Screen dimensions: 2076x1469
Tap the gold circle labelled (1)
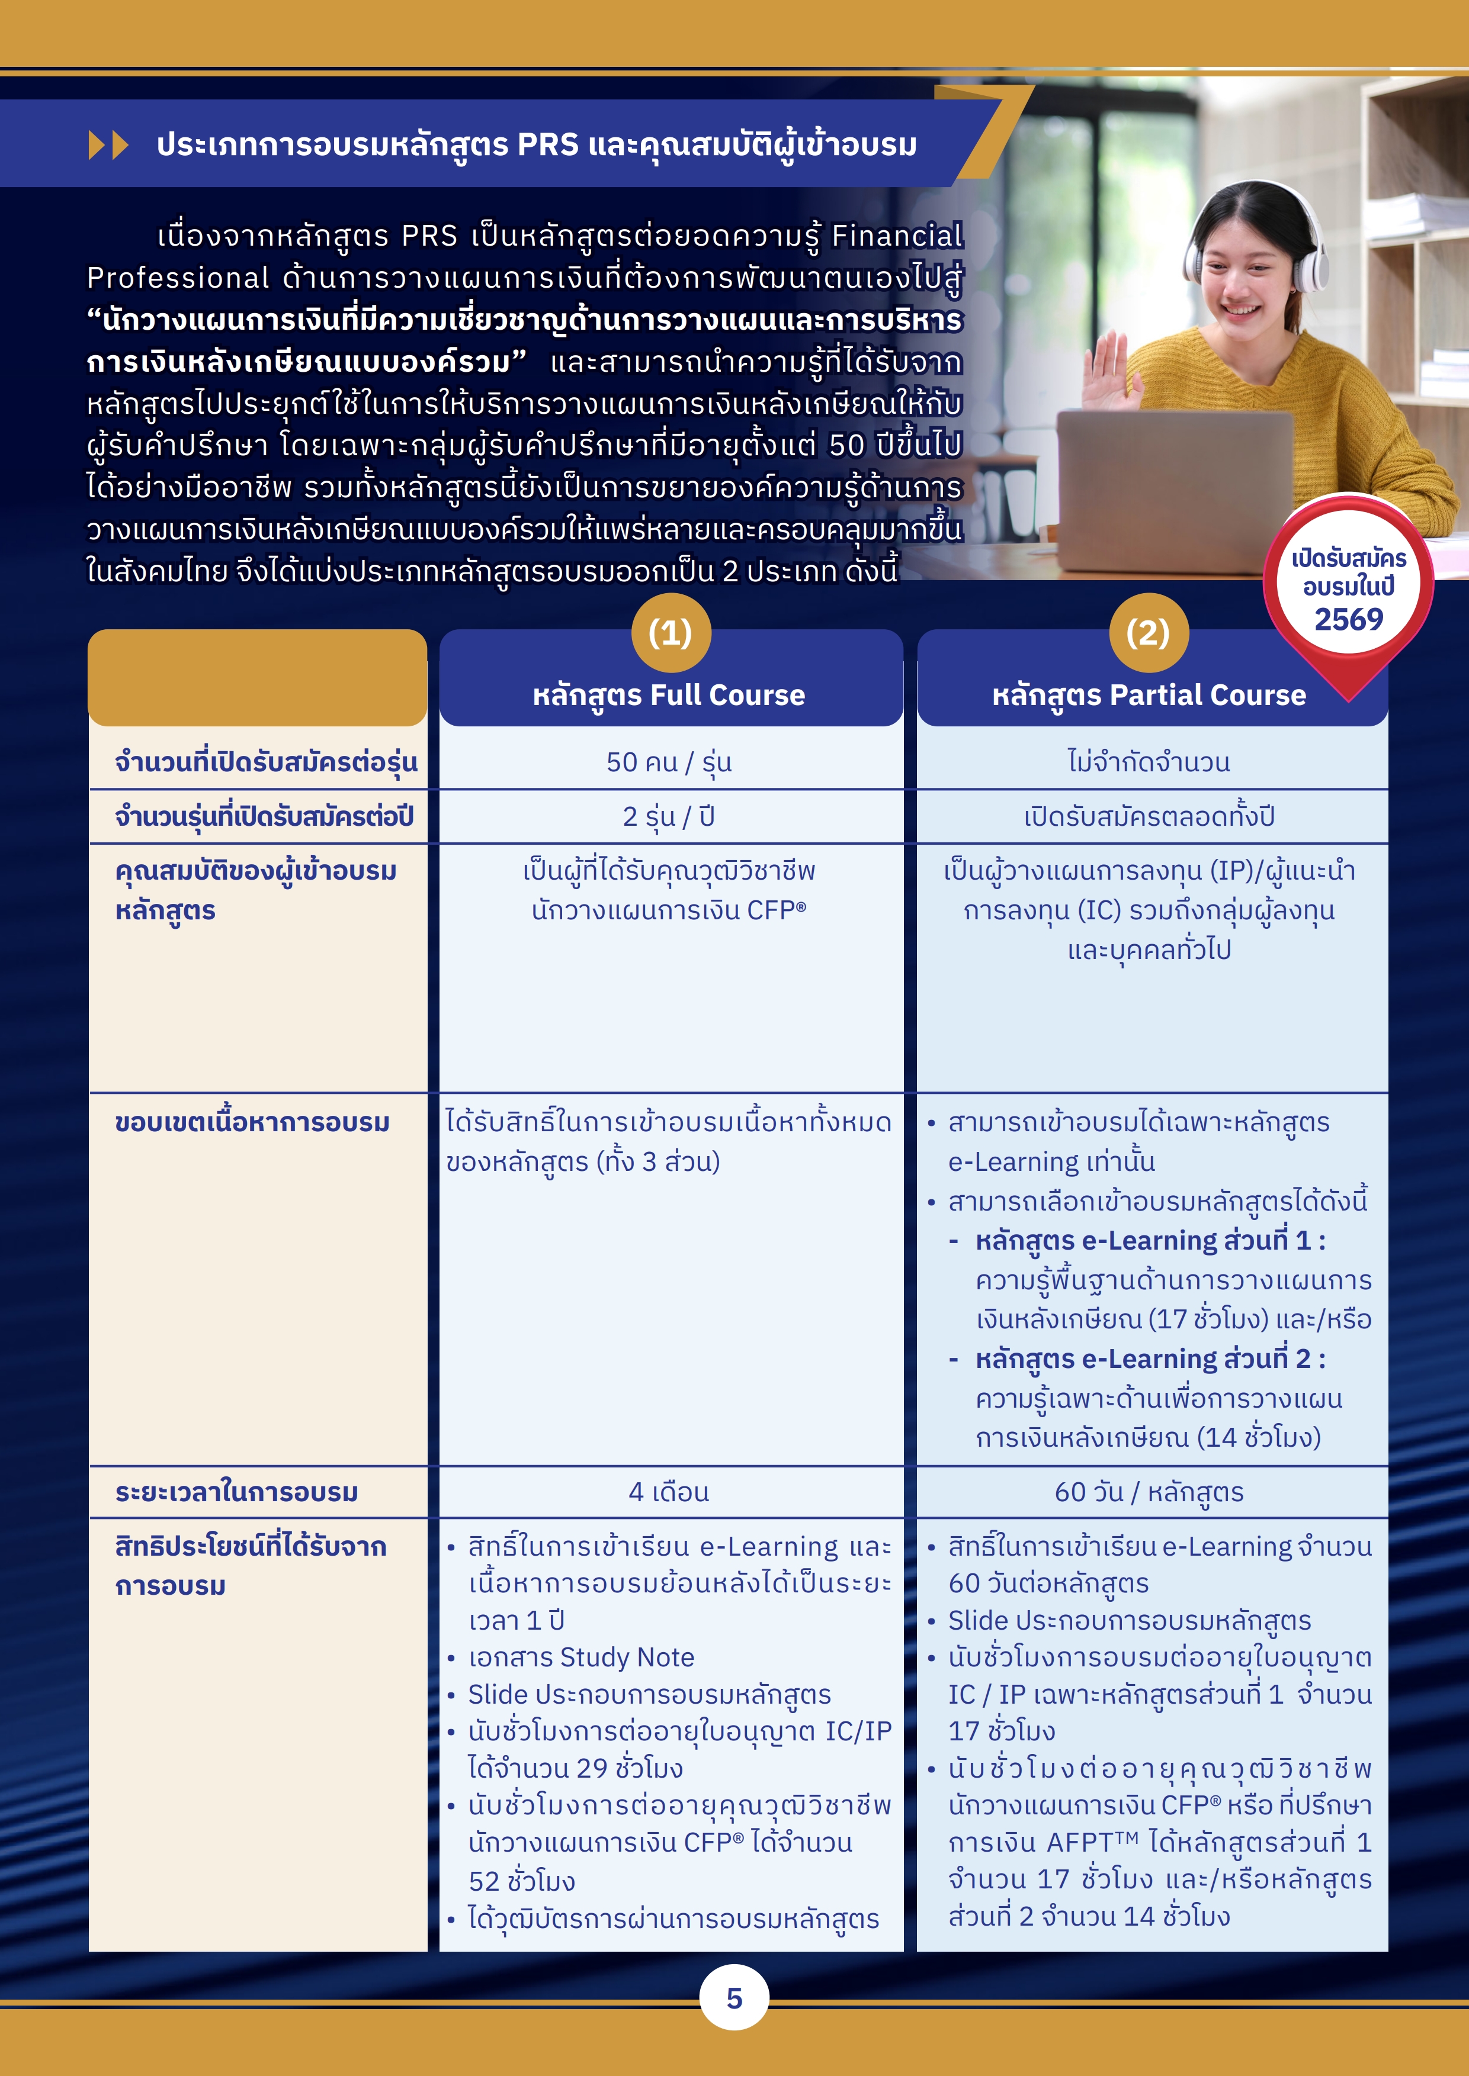pos(671,633)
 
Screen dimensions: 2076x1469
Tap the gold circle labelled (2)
pos(1148,633)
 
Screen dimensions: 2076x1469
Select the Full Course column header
pos(669,694)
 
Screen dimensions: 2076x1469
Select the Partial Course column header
pos(1149,694)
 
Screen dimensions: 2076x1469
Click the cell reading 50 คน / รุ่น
pos(669,762)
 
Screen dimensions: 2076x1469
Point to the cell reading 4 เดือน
pos(669,1492)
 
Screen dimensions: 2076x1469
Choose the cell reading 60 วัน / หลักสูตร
pos(1149,1492)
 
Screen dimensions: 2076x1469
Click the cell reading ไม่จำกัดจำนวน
pos(1149,762)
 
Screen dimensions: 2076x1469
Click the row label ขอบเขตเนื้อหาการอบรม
pos(252,1123)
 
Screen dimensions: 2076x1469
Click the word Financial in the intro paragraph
pos(896,236)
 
